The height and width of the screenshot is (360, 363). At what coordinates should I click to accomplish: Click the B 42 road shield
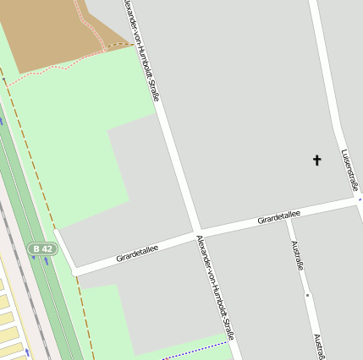41,248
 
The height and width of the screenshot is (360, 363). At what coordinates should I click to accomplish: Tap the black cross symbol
318,159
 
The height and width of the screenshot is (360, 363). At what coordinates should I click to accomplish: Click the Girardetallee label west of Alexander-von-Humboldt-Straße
138,251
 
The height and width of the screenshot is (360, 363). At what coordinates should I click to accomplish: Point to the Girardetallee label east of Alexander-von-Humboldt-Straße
278,218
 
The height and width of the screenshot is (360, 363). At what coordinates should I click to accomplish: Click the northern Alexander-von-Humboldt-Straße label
141,51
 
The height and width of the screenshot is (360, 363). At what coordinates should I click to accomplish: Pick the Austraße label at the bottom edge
320,346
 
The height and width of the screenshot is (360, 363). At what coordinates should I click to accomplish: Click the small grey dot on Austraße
307,295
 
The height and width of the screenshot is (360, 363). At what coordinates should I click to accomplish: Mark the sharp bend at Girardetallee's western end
74,270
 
